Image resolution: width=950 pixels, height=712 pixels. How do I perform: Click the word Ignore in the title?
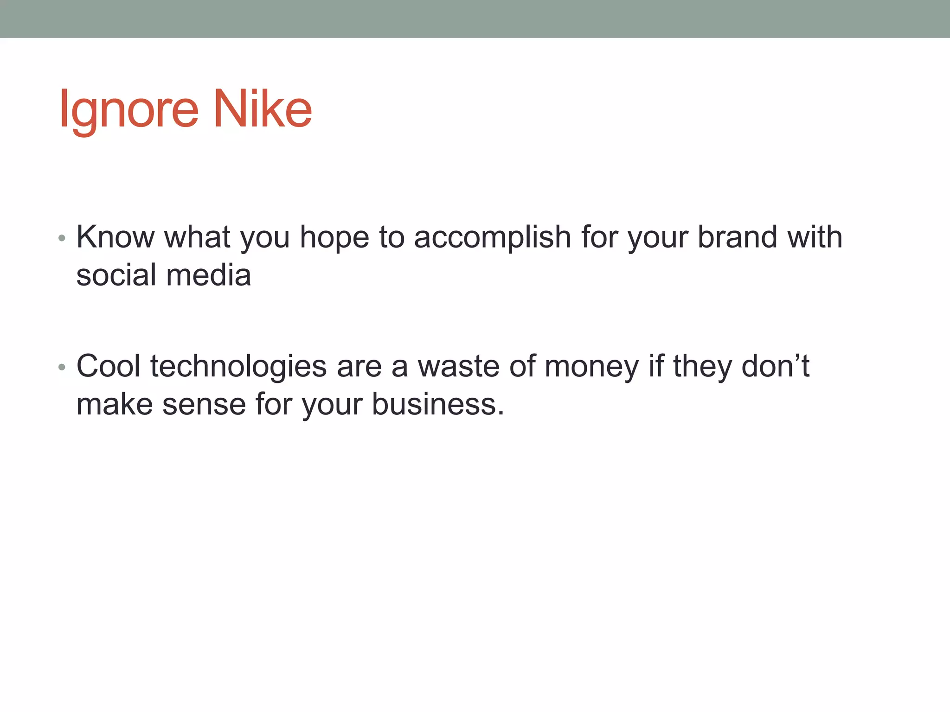129,109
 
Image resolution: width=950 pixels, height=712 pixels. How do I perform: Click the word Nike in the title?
262,109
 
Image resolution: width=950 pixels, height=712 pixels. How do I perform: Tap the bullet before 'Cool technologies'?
62,368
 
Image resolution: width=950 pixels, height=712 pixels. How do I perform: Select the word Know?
116,237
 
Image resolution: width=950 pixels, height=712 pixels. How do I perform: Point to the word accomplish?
492,237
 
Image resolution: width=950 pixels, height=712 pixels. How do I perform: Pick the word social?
116,275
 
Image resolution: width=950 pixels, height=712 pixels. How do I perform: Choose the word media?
209,275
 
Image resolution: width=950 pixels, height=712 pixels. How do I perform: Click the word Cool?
109,366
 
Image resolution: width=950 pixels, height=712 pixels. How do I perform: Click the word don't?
775,366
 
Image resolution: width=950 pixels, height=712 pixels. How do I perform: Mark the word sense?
204,405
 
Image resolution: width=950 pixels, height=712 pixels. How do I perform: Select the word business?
438,404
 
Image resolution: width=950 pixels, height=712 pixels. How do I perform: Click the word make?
115,404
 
